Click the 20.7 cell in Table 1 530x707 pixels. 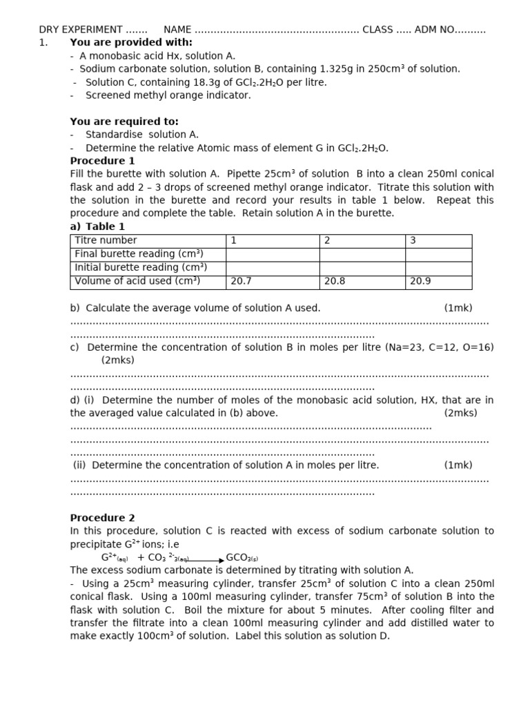coord(242,282)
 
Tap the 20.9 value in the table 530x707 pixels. coord(420,282)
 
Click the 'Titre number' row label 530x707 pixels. coord(106,240)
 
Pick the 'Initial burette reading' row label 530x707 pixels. coord(141,268)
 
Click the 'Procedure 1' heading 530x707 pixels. coord(102,161)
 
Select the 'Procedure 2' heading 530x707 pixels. coord(102,518)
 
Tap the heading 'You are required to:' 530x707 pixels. coord(124,122)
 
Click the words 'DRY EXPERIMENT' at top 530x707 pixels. coord(81,30)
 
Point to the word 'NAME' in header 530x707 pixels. coord(177,30)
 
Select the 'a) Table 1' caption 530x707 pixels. coord(97,226)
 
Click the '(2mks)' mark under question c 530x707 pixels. coord(118,360)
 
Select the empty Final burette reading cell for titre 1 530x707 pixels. coord(273,254)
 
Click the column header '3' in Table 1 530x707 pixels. coord(413,240)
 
